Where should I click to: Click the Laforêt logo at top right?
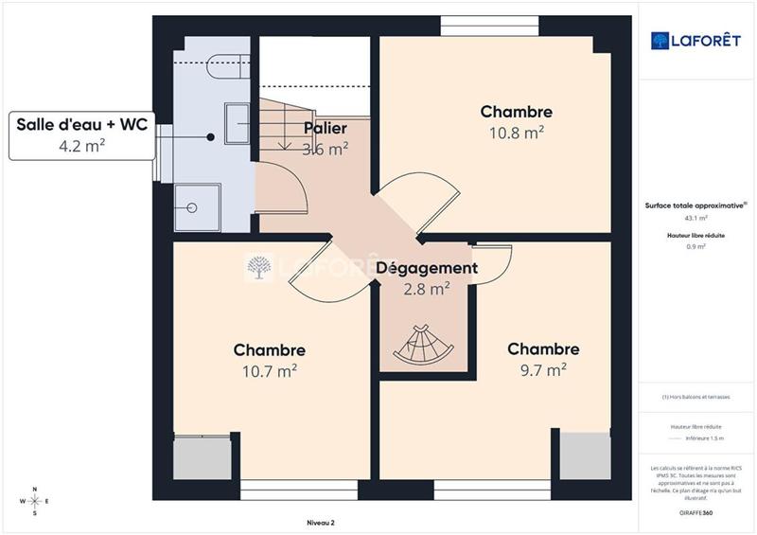(x=695, y=40)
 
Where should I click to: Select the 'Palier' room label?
(x=325, y=128)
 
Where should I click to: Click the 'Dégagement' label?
(x=427, y=268)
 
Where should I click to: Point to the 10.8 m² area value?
(x=515, y=134)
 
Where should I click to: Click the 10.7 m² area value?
(x=270, y=371)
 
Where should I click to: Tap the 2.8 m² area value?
(x=426, y=290)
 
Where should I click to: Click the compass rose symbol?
(x=35, y=501)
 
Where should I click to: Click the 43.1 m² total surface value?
(x=695, y=218)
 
